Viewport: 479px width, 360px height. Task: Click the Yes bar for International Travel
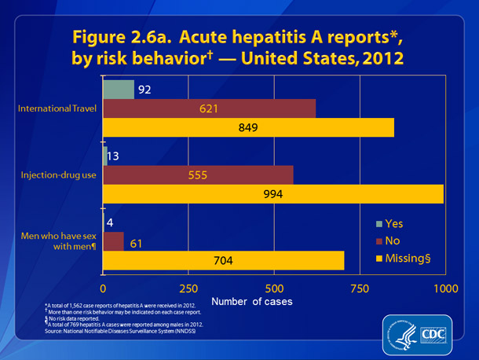pyautogui.click(x=119, y=90)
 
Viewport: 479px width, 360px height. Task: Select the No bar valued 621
pyautogui.click(x=209, y=108)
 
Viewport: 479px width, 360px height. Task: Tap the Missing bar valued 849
pyautogui.click(x=248, y=127)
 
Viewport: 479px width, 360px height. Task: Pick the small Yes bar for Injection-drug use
pyautogui.click(x=104, y=156)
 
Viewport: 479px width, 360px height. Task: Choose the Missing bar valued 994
pyautogui.click(x=273, y=194)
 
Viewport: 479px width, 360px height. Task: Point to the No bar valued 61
pyautogui.click(x=113, y=240)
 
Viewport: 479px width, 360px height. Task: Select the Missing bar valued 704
pyautogui.click(x=223, y=259)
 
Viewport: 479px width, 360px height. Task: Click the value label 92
pyautogui.click(x=144, y=90)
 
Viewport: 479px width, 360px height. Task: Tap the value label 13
pyautogui.click(x=115, y=156)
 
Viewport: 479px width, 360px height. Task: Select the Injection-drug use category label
pyautogui.click(x=59, y=174)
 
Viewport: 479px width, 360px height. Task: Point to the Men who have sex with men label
pyautogui.click(x=60, y=240)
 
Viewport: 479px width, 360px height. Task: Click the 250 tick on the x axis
pyautogui.click(x=188, y=286)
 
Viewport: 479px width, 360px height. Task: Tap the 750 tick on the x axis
pyautogui.click(x=360, y=286)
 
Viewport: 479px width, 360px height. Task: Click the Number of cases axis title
pyautogui.click(x=250, y=302)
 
